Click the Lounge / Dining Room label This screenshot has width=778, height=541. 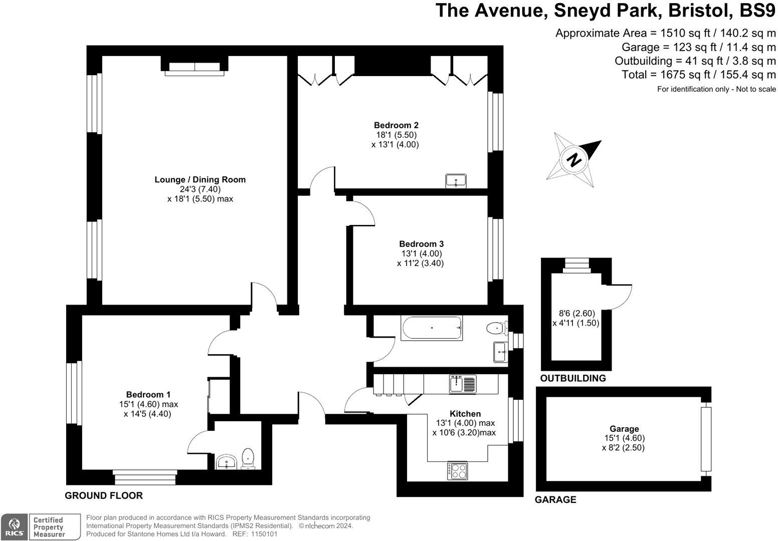[x=200, y=179]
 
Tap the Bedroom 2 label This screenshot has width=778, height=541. [x=396, y=125]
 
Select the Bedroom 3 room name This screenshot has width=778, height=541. [x=421, y=244]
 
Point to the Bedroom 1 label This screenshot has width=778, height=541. [x=148, y=395]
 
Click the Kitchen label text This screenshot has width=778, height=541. [x=465, y=414]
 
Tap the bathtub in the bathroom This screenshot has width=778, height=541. [x=432, y=328]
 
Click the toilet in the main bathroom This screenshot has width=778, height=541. [x=497, y=328]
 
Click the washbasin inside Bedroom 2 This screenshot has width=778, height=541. [x=456, y=181]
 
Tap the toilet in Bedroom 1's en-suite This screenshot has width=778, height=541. [x=248, y=458]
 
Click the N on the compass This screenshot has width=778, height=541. [x=573, y=160]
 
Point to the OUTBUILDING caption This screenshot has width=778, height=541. [x=572, y=378]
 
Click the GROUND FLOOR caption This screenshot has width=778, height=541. [x=104, y=495]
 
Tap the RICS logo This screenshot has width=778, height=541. [x=14, y=527]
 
